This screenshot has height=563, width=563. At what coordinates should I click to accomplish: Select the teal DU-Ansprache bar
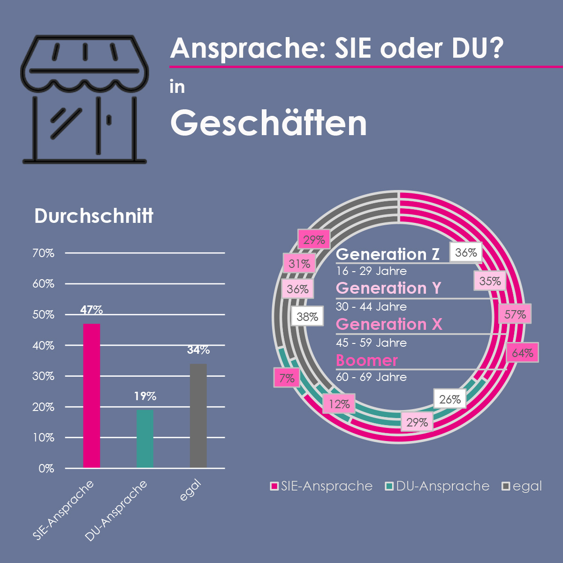[145, 439]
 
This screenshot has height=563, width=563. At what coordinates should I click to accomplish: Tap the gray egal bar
[198, 416]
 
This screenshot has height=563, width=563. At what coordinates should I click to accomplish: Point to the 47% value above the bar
[91, 310]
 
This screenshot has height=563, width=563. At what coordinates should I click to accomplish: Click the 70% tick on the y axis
[44, 253]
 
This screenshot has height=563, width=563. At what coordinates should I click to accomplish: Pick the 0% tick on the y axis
[46, 468]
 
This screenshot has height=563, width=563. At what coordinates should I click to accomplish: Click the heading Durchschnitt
[94, 216]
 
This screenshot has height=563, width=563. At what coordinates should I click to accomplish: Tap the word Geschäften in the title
[268, 123]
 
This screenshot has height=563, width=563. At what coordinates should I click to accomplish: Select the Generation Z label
[388, 254]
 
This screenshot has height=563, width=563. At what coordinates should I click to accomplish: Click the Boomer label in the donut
[367, 360]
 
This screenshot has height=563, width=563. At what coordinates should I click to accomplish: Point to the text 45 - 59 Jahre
[371, 343]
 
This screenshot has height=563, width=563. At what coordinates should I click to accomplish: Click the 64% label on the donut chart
[522, 353]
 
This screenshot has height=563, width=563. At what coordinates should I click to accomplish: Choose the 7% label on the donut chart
[287, 378]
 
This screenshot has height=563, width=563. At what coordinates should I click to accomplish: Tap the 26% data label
[450, 399]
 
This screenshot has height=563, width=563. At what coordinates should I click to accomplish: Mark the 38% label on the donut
[307, 317]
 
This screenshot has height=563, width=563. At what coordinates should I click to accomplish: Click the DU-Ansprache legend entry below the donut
[437, 486]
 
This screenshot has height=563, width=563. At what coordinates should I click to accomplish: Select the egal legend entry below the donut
[522, 486]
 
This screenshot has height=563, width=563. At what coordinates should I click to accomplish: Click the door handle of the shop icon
[109, 120]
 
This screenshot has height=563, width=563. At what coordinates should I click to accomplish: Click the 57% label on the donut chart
[515, 314]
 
